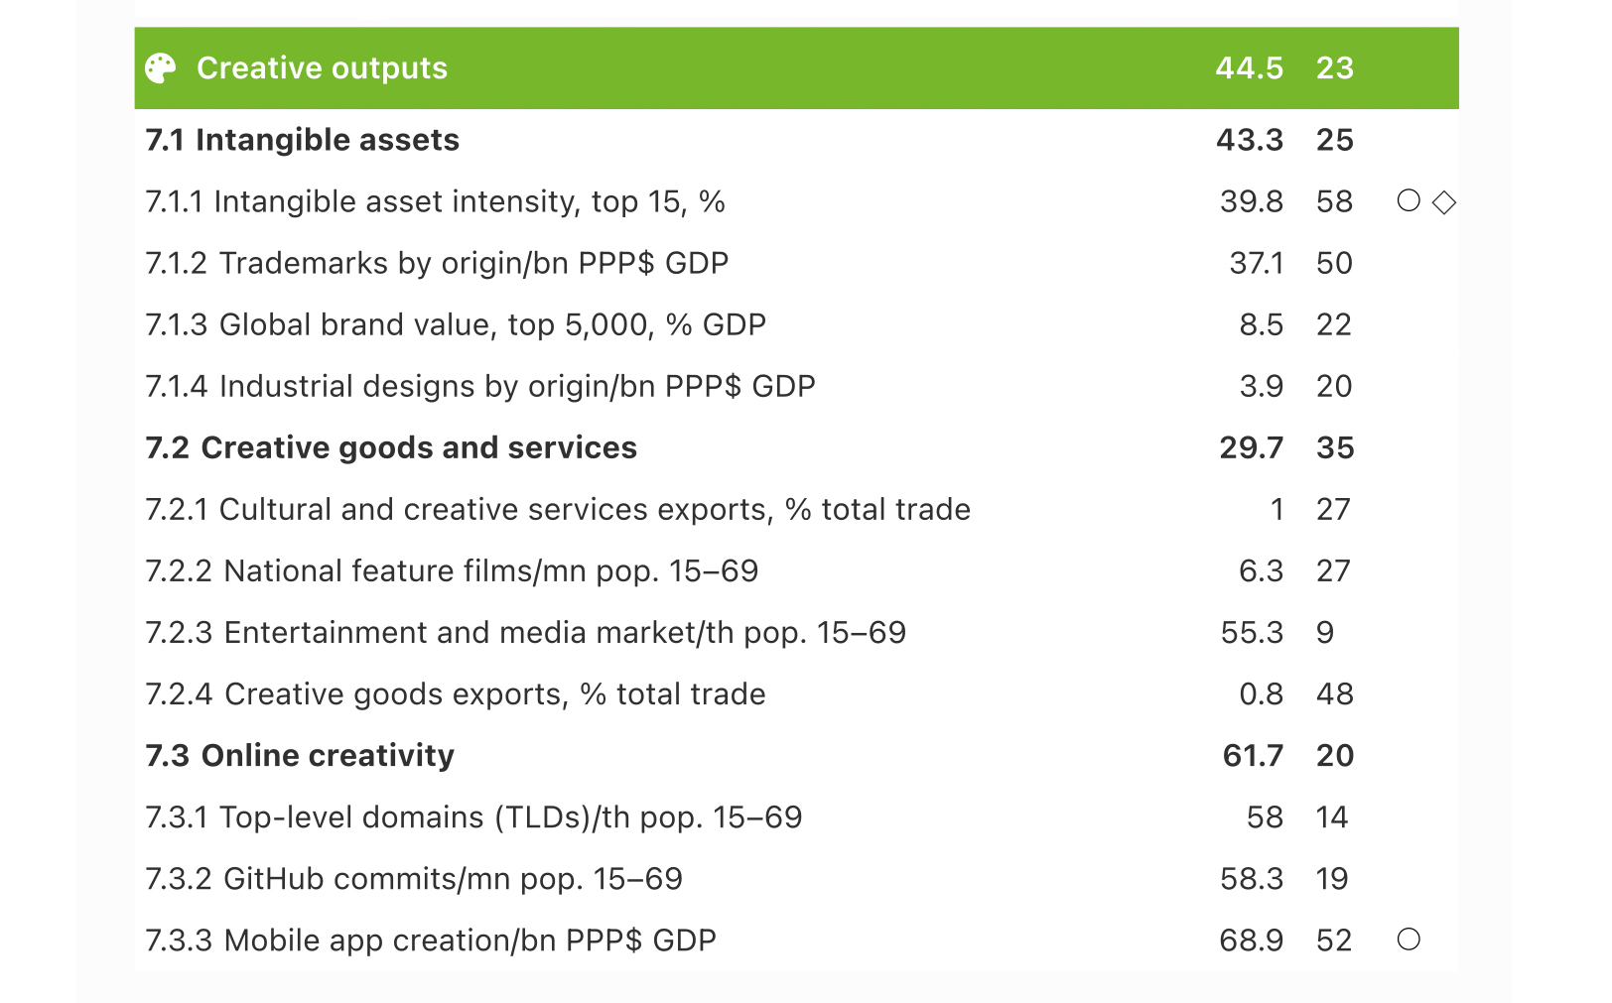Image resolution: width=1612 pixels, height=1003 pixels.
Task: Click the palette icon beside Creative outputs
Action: [x=160, y=68]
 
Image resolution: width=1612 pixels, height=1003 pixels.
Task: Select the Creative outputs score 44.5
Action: [x=1249, y=68]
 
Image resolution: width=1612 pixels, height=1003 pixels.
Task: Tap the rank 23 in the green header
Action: [x=1334, y=68]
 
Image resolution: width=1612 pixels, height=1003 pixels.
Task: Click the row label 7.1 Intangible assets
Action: [x=302, y=140]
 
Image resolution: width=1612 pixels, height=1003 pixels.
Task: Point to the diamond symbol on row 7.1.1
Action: [x=1444, y=202]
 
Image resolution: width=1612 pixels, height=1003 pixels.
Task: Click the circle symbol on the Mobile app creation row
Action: [x=1409, y=940]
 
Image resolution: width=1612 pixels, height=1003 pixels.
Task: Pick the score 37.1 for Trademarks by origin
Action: [x=1256, y=263]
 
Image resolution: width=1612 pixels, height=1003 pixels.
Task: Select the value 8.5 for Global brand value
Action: [x=1261, y=324]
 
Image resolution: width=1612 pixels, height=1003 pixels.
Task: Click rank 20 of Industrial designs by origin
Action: [x=1334, y=386]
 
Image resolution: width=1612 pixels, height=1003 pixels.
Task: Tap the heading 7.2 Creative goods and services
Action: [x=391, y=447]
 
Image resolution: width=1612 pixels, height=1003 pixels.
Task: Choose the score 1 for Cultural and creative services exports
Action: [x=1276, y=509]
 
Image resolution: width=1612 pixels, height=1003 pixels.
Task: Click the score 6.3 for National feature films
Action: [x=1261, y=570]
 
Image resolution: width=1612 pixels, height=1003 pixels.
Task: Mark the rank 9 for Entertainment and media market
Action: [x=1325, y=632]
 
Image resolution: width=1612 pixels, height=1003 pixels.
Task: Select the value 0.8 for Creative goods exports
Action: [x=1261, y=693]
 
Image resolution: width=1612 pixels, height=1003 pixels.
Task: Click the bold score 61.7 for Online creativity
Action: [x=1253, y=755]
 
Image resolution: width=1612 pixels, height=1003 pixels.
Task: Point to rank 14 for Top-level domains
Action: [x=1332, y=816]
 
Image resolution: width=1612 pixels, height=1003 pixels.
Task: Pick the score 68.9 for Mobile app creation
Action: [x=1251, y=940]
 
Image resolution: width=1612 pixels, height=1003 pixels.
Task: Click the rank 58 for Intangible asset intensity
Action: [x=1334, y=201]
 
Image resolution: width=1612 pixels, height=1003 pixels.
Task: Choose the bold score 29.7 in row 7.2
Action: [x=1251, y=447]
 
